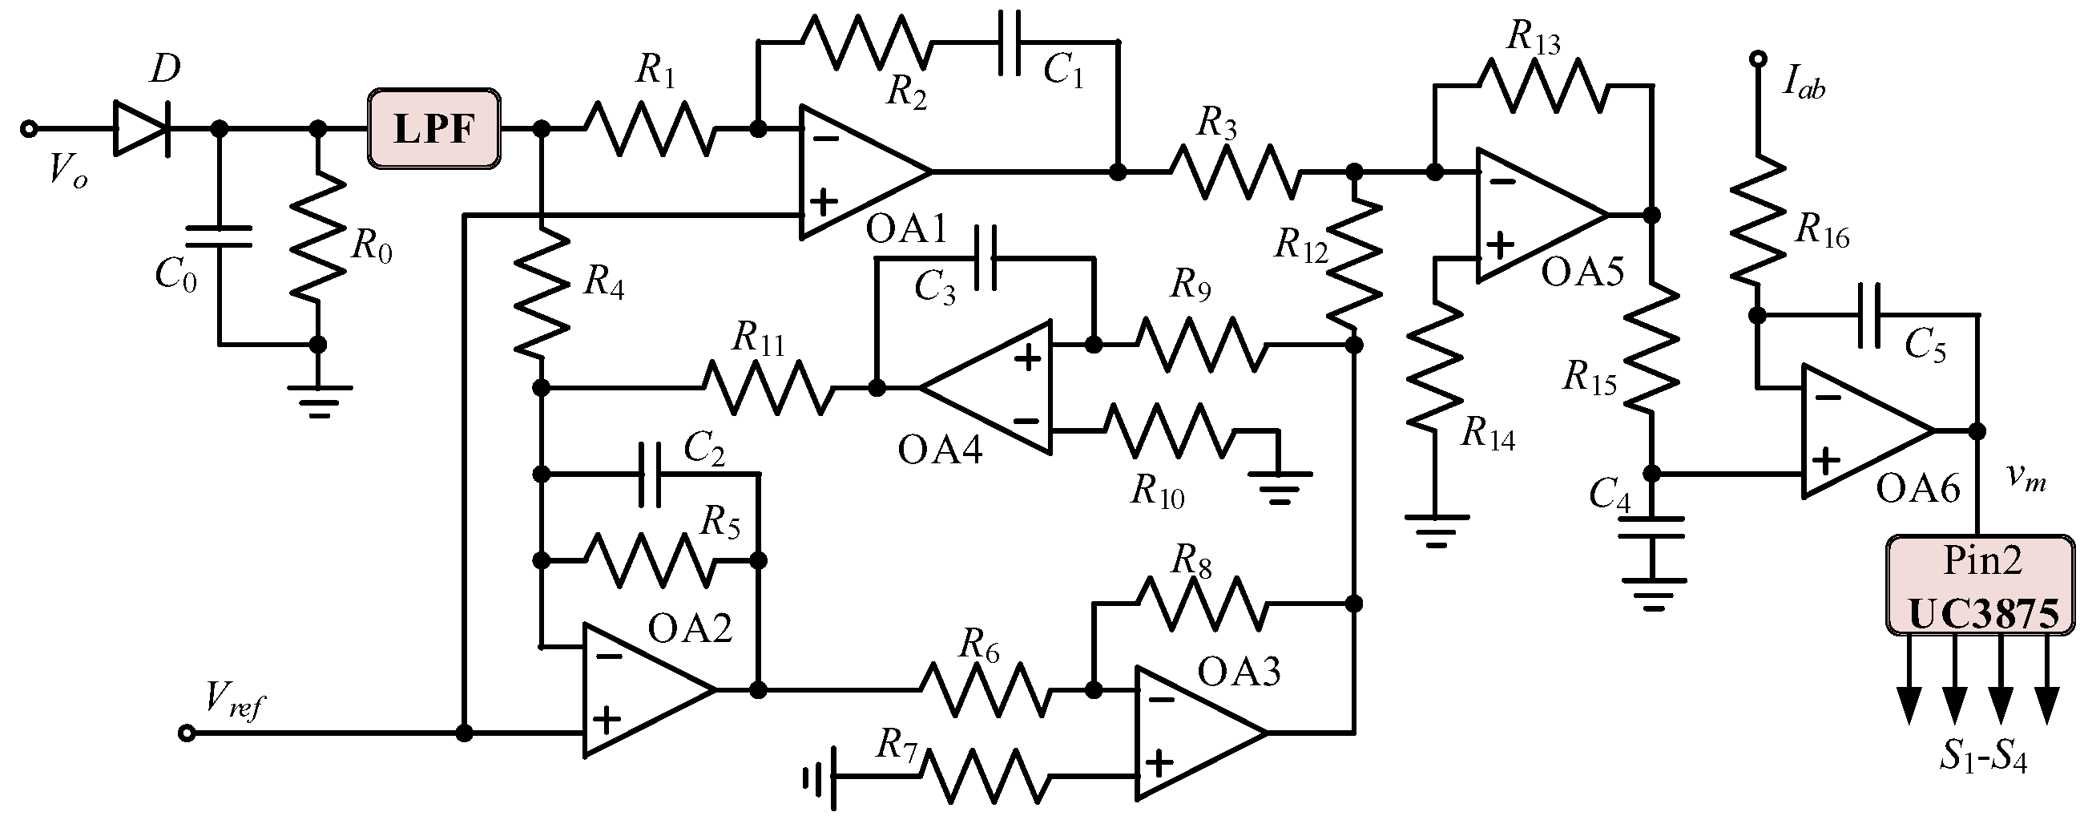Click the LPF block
click(x=433, y=129)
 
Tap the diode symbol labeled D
click(x=142, y=128)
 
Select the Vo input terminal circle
click(x=29, y=128)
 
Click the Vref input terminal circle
click(x=187, y=733)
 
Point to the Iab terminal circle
click(x=1757, y=59)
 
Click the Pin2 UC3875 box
click(x=1980, y=584)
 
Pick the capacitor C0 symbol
click(x=219, y=236)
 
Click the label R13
click(x=1534, y=38)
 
